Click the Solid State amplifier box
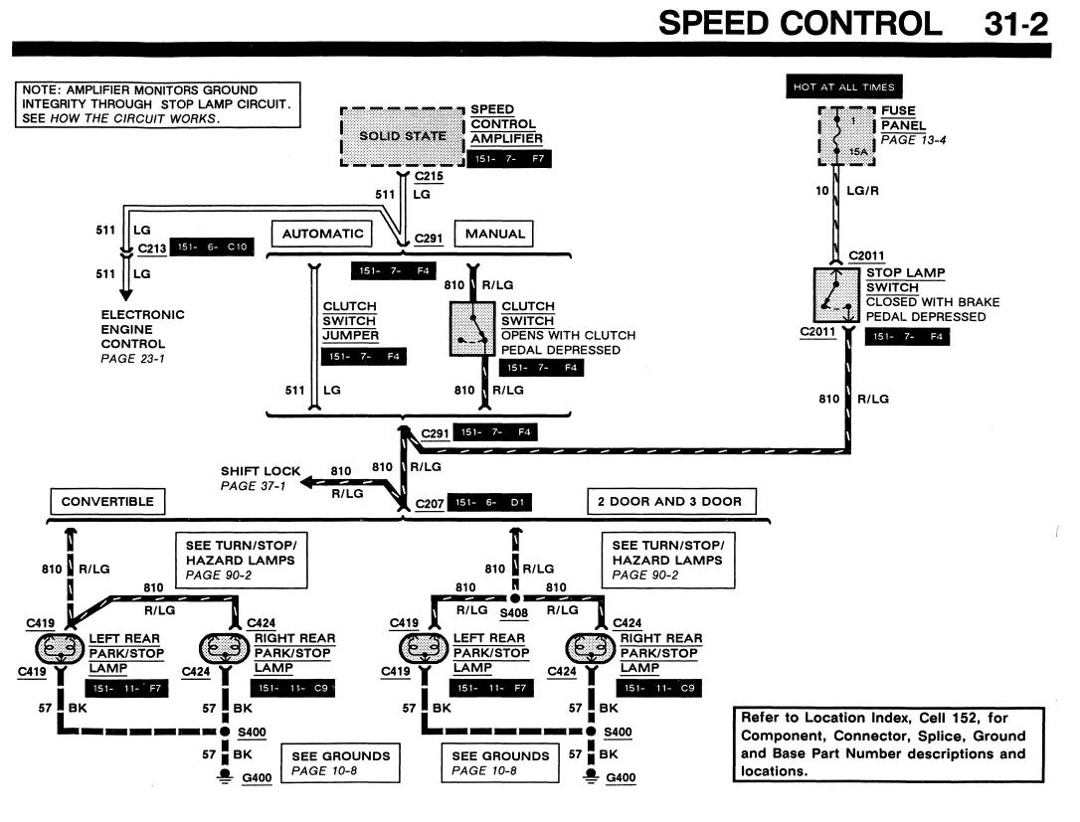[403, 136]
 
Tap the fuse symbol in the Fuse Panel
[837, 136]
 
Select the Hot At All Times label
[843, 86]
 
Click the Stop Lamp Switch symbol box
[836, 295]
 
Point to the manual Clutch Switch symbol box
[472, 329]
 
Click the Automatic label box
[322, 234]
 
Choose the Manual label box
[494, 234]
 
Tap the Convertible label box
[107, 501]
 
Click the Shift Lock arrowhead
[309, 482]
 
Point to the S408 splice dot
[515, 597]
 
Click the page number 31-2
[1016, 24]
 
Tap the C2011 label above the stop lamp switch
[866, 255]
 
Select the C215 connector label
[429, 176]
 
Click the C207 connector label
[429, 503]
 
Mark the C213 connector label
[151, 248]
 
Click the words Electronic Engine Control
[142, 329]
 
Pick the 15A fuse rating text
[858, 151]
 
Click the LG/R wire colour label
[862, 191]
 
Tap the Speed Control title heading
[800, 24]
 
